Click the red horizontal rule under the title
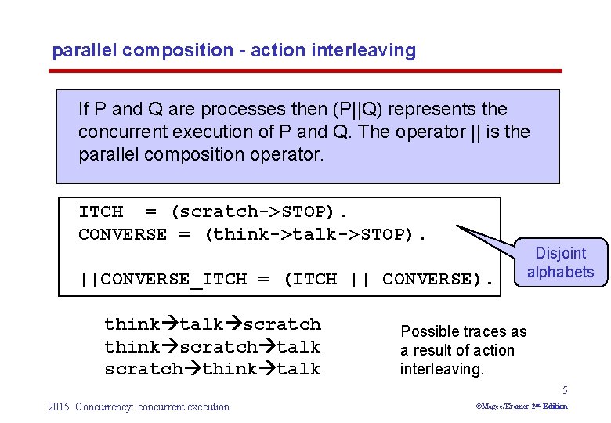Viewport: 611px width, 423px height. [x=305, y=71]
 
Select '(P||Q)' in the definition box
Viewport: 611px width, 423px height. [x=313, y=110]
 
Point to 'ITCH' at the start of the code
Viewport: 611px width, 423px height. [x=101, y=211]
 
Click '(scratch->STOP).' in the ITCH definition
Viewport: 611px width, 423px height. [x=259, y=211]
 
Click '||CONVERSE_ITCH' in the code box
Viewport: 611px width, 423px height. [x=163, y=279]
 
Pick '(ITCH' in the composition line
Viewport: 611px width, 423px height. [x=311, y=279]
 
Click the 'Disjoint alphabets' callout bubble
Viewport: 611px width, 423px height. [x=560, y=263]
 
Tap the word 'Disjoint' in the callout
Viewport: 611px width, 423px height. [x=560, y=254]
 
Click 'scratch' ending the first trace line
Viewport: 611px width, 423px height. [x=282, y=324]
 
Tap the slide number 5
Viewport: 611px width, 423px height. [x=564, y=391]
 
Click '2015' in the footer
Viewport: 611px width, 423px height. [x=59, y=407]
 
